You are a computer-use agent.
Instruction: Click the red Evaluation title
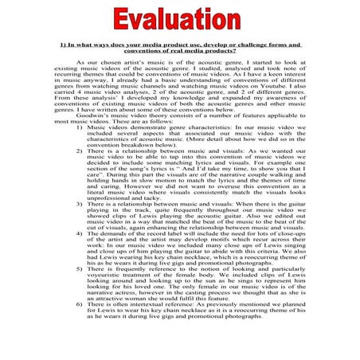click(180, 17)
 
